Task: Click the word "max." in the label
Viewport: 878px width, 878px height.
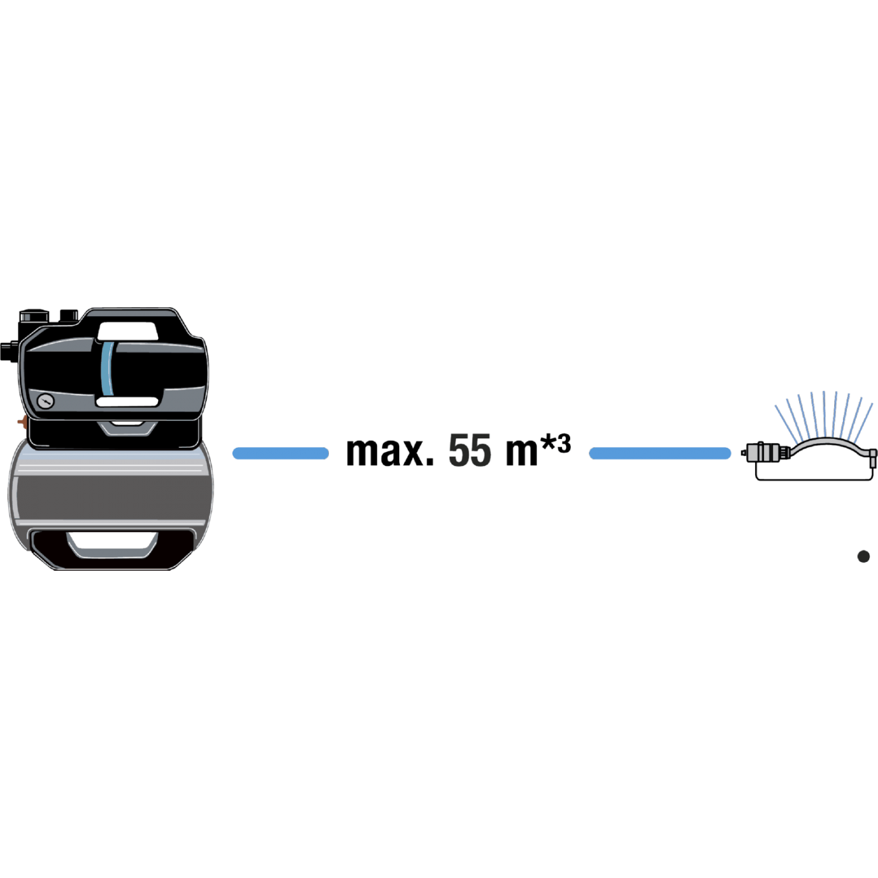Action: pos(390,452)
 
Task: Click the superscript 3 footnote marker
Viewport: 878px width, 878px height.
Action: pos(564,443)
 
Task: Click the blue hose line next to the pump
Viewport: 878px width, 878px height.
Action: pos(281,453)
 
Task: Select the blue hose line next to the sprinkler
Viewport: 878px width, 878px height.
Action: pos(660,453)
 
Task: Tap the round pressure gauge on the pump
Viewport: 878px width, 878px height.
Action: pos(45,401)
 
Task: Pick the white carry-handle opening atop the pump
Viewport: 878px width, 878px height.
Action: pos(128,331)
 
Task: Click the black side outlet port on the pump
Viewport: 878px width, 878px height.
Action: pos(9,351)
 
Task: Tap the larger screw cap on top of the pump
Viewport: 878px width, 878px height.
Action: pos(34,316)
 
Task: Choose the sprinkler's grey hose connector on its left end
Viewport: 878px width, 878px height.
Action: pos(769,453)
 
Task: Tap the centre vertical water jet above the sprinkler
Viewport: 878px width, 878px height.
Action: pos(824,414)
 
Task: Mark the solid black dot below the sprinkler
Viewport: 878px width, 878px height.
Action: pos(863,557)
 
